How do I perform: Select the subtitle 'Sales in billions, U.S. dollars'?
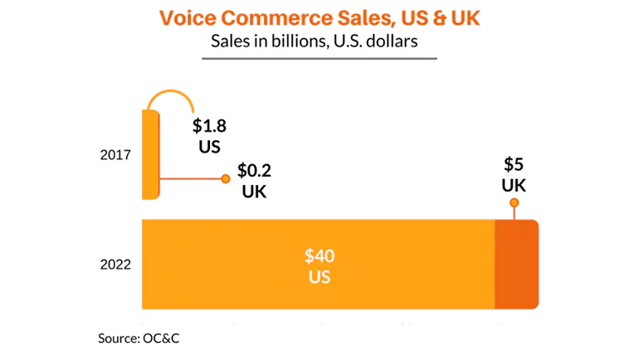click(x=320, y=41)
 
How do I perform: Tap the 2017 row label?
click(x=115, y=155)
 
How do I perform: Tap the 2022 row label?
click(x=115, y=265)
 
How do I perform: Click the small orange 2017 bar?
click(x=149, y=155)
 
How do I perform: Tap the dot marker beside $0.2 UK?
click(x=224, y=178)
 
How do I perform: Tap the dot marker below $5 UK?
click(x=515, y=203)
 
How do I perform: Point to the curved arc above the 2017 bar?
click(x=170, y=93)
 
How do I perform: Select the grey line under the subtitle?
click(x=319, y=59)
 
